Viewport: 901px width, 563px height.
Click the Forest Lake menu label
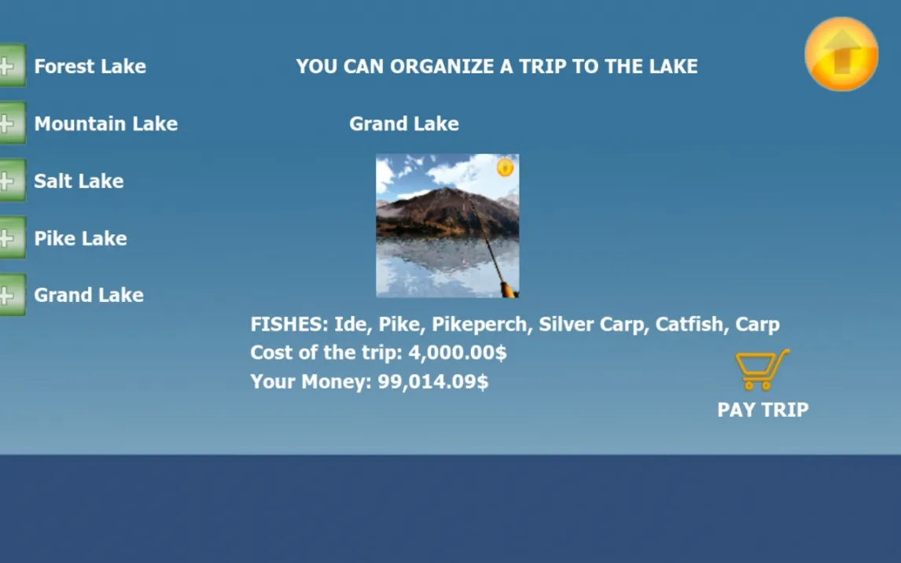pyautogui.click(x=90, y=66)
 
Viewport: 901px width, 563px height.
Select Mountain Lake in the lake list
pyautogui.click(x=105, y=123)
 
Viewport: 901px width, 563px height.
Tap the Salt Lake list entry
pyautogui.click(x=79, y=181)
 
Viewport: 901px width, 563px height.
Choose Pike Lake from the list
pyautogui.click(x=80, y=237)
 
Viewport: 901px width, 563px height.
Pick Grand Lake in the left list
pyautogui.click(x=89, y=295)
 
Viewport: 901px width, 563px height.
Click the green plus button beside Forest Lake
pyautogui.click(x=12, y=65)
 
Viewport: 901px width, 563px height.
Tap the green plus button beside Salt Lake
pyautogui.click(x=12, y=180)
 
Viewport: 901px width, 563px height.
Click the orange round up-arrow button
pyautogui.click(x=841, y=54)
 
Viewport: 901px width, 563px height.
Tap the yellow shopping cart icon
pyautogui.click(x=763, y=370)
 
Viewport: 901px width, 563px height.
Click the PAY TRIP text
pyautogui.click(x=763, y=410)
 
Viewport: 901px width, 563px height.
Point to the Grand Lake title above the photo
pyautogui.click(x=404, y=123)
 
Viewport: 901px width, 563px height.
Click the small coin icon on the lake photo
pyautogui.click(x=505, y=167)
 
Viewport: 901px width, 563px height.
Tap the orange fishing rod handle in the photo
pyautogui.click(x=508, y=289)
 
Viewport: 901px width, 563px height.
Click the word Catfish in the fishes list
pyautogui.click(x=689, y=324)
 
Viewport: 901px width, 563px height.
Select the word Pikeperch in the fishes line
pyautogui.click(x=480, y=325)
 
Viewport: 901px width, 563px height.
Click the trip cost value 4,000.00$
pyautogui.click(x=458, y=353)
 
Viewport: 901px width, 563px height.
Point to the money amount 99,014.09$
pyautogui.click(x=432, y=381)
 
